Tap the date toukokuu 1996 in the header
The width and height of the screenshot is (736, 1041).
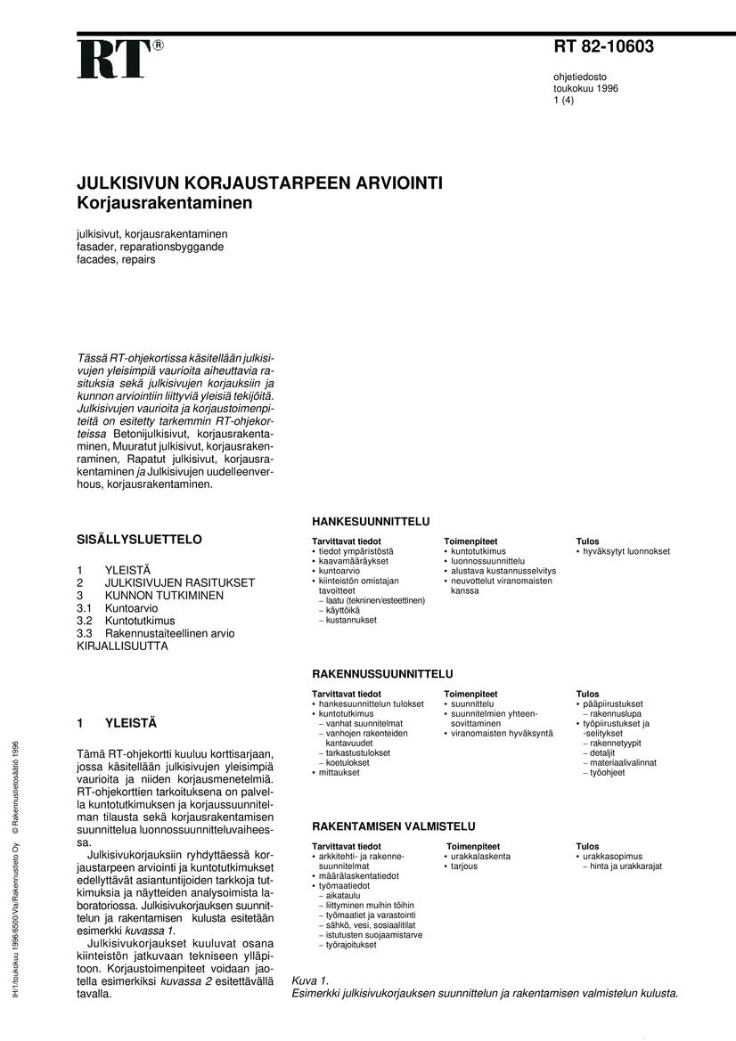(x=585, y=89)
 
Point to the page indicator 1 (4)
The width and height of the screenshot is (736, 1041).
(x=564, y=101)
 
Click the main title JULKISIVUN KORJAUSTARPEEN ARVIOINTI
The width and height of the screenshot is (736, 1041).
(x=259, y=184)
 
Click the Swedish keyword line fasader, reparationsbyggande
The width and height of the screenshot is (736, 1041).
(x=150, y=247)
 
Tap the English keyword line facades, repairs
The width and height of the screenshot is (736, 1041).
(x=116, y=259)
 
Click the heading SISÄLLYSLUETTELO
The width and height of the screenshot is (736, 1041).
(x=140, y=540)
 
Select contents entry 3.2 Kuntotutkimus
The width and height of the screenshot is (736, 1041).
(x=127, y=621)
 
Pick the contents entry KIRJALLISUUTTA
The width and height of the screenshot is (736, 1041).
(x=123, y=646)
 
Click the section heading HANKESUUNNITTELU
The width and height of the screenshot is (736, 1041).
(x=371, y=521)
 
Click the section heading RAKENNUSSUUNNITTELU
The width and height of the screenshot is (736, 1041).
(x=382, y=674)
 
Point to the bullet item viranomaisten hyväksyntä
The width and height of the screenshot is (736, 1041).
(x=502, y=734)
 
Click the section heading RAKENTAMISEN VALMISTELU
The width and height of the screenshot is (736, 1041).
(x=393, y=826)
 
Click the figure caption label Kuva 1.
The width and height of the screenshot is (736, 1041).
(x=311, y=980)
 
